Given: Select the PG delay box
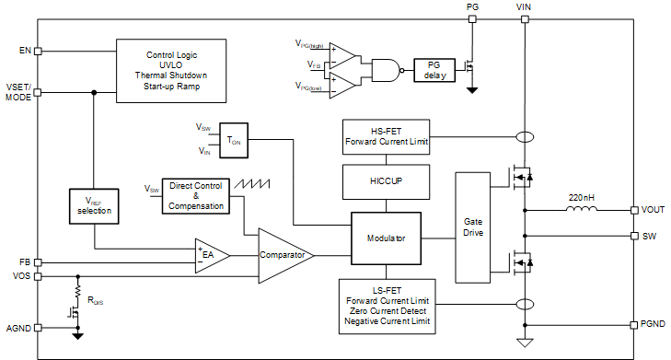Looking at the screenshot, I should [434, 70].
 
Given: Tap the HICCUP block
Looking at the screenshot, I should [386, 182].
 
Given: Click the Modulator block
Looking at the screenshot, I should [386, 238].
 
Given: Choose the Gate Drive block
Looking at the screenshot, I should [473, 227].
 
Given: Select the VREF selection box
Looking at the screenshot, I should [94, 206].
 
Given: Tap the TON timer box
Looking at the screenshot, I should [234, 140].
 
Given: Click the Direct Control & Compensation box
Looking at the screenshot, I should [196, 196].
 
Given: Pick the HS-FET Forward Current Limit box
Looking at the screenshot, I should [386, 137].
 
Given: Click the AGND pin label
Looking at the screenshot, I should [18, 329].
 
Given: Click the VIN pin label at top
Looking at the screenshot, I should [524, 6].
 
